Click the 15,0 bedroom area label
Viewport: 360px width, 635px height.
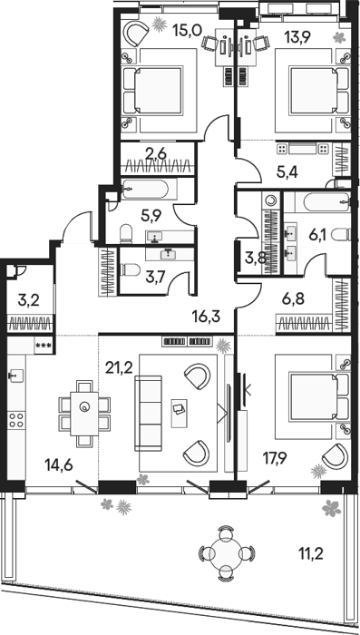tap(187, 31)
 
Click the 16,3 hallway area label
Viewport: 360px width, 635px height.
tap(207, 316)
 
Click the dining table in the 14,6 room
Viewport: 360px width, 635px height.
tap(84, 414)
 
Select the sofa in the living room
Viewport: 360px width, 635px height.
tap(148, 413)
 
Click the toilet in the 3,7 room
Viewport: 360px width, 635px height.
tap(131, 269)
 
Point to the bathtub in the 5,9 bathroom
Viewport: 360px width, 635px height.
tap(144, 189)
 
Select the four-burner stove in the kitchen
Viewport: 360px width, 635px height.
tap(16, 420)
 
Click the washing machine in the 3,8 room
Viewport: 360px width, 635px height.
tap(270, 200)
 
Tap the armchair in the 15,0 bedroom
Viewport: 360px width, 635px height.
tap(136, 34)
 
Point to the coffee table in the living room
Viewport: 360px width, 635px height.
tap(180, 413)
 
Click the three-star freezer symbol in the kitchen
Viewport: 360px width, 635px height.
tap(43, 346)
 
